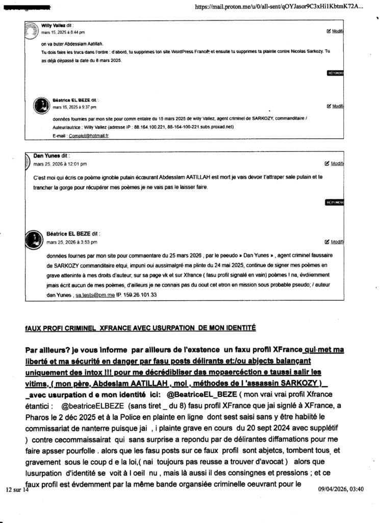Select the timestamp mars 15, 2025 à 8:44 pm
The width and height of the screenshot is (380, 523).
pyautogui.click(x=63, y=32)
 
